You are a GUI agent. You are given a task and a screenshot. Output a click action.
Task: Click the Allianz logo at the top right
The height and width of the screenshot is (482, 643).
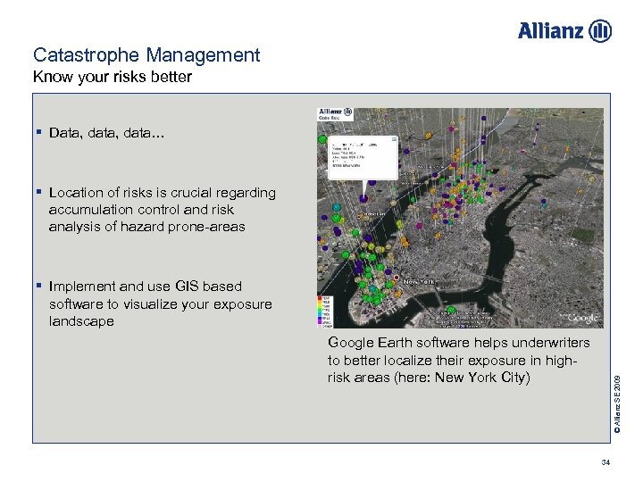click(564, 31)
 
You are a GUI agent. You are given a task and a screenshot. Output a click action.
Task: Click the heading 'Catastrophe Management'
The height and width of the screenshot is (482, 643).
click(146, 55)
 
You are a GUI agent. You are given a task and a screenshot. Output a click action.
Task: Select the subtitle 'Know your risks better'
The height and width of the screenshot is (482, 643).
click(113, 77)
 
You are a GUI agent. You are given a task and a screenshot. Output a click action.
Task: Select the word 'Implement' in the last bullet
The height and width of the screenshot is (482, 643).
click(82, 287)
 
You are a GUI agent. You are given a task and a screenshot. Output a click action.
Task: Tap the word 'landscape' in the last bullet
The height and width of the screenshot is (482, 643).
click(81, 321)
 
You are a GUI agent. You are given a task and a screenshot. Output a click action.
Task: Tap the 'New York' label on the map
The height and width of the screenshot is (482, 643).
click(420, 280)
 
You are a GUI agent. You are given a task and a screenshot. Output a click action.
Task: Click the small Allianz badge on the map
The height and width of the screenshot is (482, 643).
click(336, 113)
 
